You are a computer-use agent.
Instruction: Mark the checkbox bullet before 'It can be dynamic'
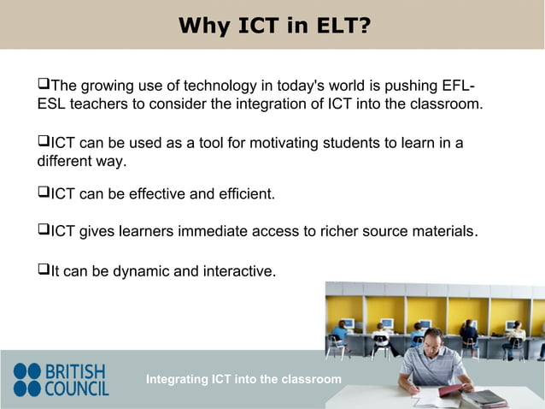point(44,271)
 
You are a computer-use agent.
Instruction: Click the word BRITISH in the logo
point(76,372)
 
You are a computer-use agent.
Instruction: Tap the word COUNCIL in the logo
point(76,388)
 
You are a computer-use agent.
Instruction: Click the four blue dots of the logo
point(26,380)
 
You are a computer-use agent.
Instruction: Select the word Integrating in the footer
point(177,379)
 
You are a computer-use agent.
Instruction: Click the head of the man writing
point(432,339)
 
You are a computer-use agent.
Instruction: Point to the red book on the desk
point(451,390)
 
